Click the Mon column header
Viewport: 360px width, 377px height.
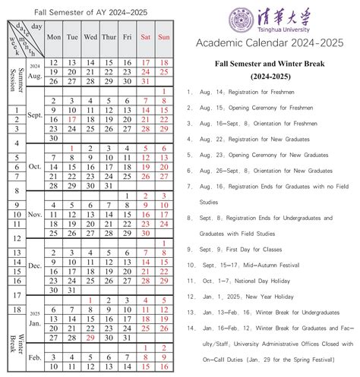(x=54, y=36)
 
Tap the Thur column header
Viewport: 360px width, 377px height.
(x=109, y=36)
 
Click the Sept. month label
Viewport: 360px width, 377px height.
(x=35, y=116)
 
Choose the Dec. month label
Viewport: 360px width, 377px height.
(x=35, y=266)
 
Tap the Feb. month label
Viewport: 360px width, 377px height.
(x=35, y=356)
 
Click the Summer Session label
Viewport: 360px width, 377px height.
(x=13, y=74)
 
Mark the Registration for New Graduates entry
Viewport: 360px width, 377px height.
(x=257, y=139)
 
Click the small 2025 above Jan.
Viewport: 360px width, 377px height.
(x=35, y=313)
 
